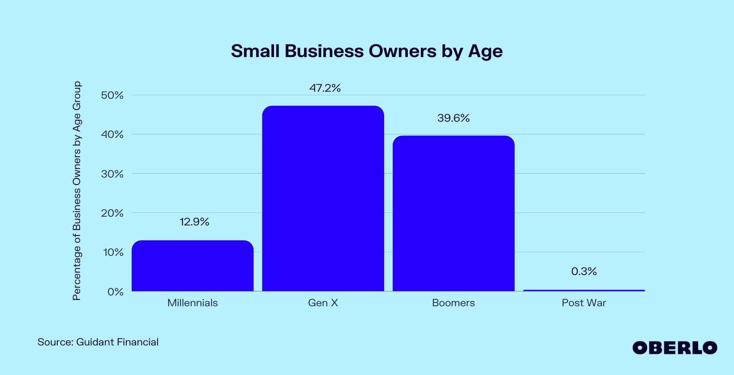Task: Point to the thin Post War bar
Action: [x=584, y=290]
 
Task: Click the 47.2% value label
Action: [x=325, y=88]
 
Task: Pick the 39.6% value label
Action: [x=453, y=118]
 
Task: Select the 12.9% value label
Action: [x=194, y=222]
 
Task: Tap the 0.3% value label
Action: [x=584, y=272]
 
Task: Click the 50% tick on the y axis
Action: [x=112, y=95]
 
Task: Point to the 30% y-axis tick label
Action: [x=112, y=174]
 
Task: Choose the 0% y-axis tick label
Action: [x=116, y=292]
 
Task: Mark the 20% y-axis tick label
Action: [x=112, y=213]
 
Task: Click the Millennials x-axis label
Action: [x=192, y=303]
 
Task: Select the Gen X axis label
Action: [x=323, y=303]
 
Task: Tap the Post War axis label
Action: [x=584, y=303]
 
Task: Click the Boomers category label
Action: [x=453, y=303]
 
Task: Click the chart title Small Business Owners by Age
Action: [x=367, y=51]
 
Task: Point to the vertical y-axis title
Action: [x=77, y=191]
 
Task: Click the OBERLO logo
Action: [x=674, y=348]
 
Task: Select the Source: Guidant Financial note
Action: [x=98, y=342]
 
